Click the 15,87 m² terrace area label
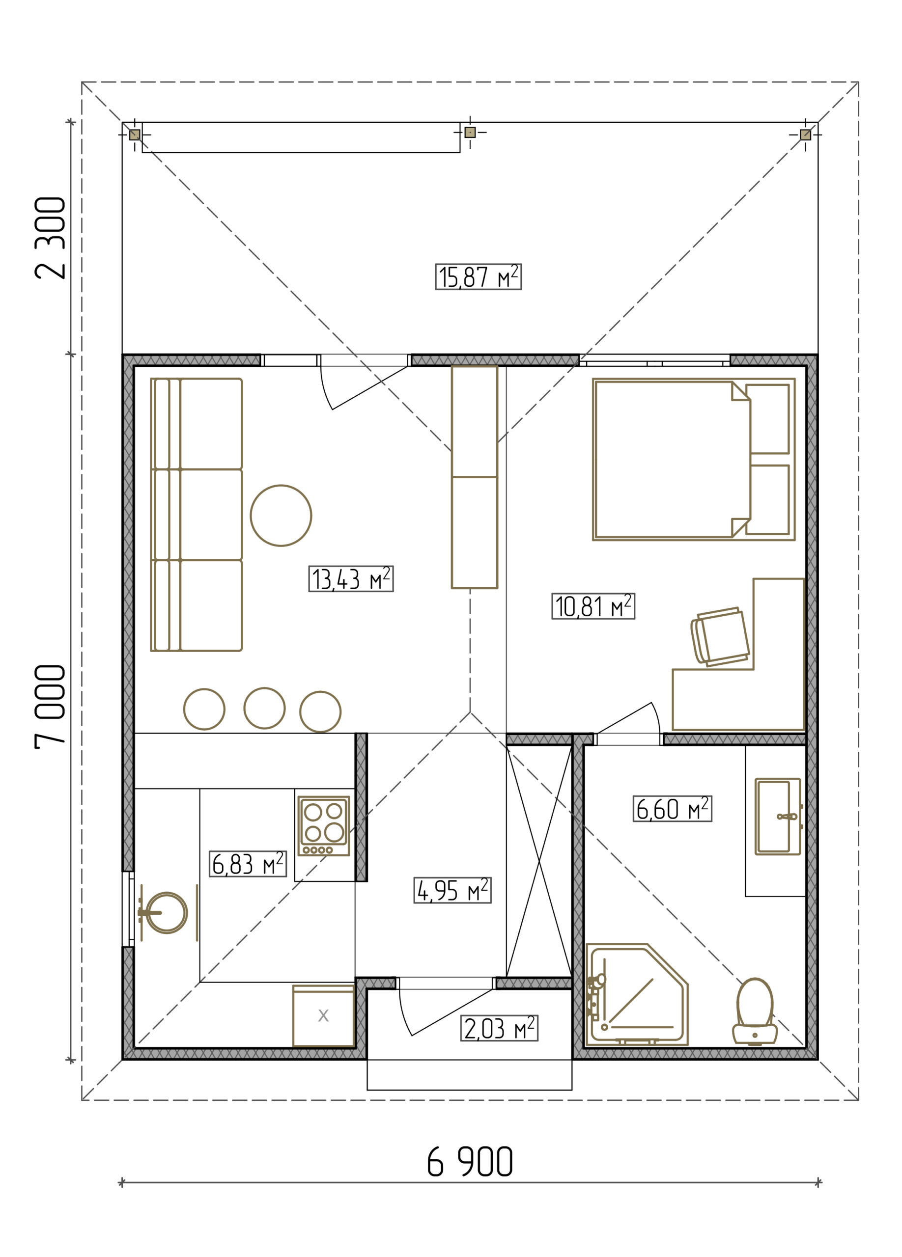coord(478,276)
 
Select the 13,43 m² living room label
coord(351,578)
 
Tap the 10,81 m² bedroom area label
coord(593,606)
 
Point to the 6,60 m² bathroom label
coord(673,809)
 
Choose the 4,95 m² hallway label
coord(452,890)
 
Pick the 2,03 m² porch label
coord(499,1028)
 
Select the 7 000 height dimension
coord(50,707)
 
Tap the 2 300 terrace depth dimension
coord(50,238)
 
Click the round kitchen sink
coord(166,913)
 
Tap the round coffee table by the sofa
coord(281,516)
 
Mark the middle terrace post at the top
coord(470,132)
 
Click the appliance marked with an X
coord(324,1016)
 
